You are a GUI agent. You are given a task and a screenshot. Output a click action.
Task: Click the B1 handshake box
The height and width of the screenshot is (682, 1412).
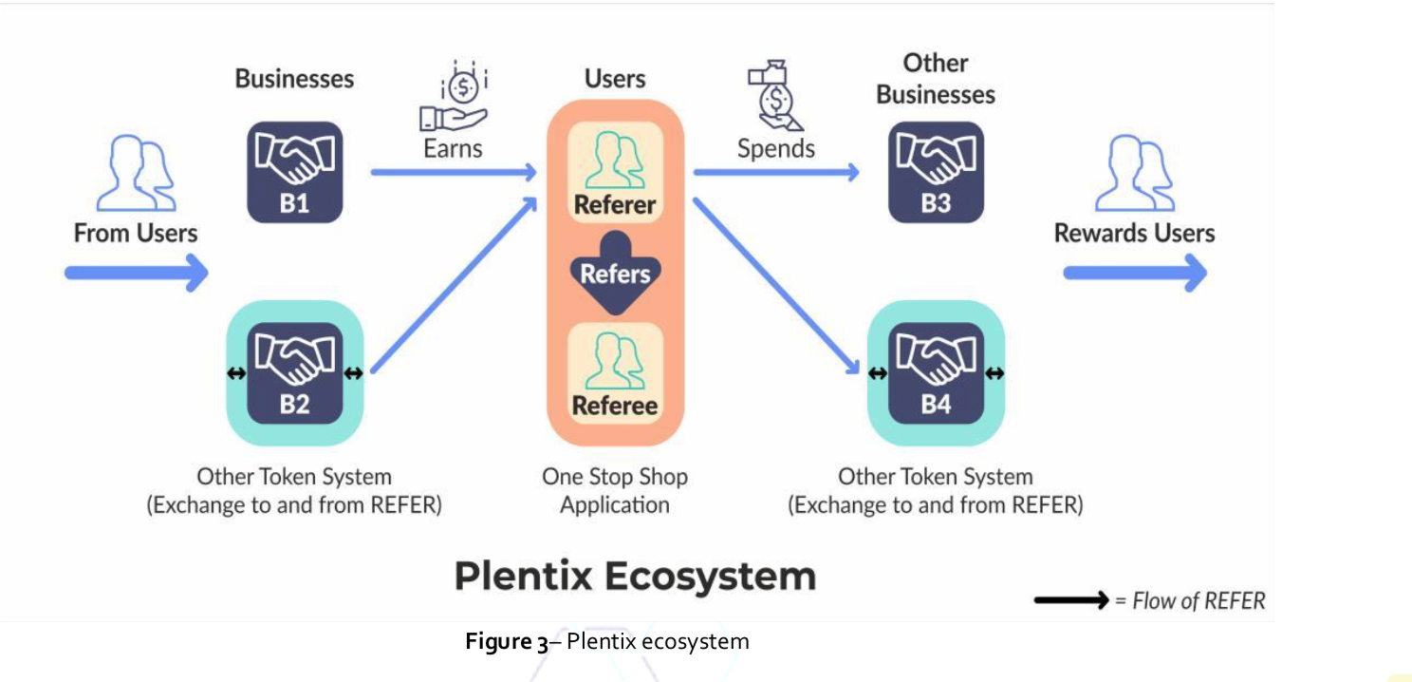click(x=294, y=172)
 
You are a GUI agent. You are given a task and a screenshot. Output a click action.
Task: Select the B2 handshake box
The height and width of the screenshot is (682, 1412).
click(x=294, y=373)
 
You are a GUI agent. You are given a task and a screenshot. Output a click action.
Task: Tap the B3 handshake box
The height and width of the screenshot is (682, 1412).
click(x=936, y=172)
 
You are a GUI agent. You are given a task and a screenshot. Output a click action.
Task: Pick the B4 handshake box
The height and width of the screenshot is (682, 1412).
click(x=936, y=373)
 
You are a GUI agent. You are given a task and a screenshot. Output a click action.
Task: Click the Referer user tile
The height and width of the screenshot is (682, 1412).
click(x=615, y=172)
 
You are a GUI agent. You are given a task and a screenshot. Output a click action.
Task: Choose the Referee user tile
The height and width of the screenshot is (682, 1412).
click(x=615, y=372)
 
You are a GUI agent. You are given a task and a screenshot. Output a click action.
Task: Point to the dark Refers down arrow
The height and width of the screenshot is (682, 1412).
click(x=615, y=272)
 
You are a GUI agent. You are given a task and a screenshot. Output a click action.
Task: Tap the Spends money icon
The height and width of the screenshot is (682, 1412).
click(x=775, y=96)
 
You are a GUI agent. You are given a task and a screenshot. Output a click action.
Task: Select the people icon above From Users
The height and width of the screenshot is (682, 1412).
click(x=137, y=172)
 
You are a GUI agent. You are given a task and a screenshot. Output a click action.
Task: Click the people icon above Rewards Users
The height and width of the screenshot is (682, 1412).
click(x=1135, y=172)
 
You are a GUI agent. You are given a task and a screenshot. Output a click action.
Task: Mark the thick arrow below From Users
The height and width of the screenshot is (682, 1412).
click(x=136, y=274)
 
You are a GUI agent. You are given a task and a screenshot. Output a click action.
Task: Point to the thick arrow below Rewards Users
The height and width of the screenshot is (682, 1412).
click(x=1135, y=274)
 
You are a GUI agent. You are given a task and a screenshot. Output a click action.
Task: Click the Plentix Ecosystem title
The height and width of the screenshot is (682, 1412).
click(x=635, y=576)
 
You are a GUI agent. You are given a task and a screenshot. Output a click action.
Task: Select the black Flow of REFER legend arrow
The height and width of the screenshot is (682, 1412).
click(x=1070, y=600)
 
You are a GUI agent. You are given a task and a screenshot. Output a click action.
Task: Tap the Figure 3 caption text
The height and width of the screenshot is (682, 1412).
click(x=607, y=642)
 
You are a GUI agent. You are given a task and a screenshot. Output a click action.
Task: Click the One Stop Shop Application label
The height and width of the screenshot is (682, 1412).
click(x=615, y=490)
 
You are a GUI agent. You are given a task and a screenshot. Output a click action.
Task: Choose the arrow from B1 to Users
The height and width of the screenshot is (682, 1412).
click(x=453, y=172)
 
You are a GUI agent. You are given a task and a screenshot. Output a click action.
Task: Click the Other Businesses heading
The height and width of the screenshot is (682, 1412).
click(x=936, y=79)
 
